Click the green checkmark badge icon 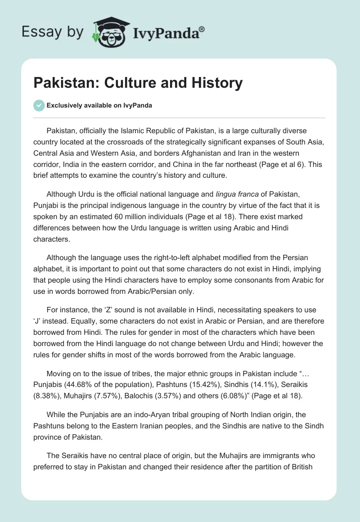(x=39, y=105)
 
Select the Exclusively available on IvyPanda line (x=99, y=106)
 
